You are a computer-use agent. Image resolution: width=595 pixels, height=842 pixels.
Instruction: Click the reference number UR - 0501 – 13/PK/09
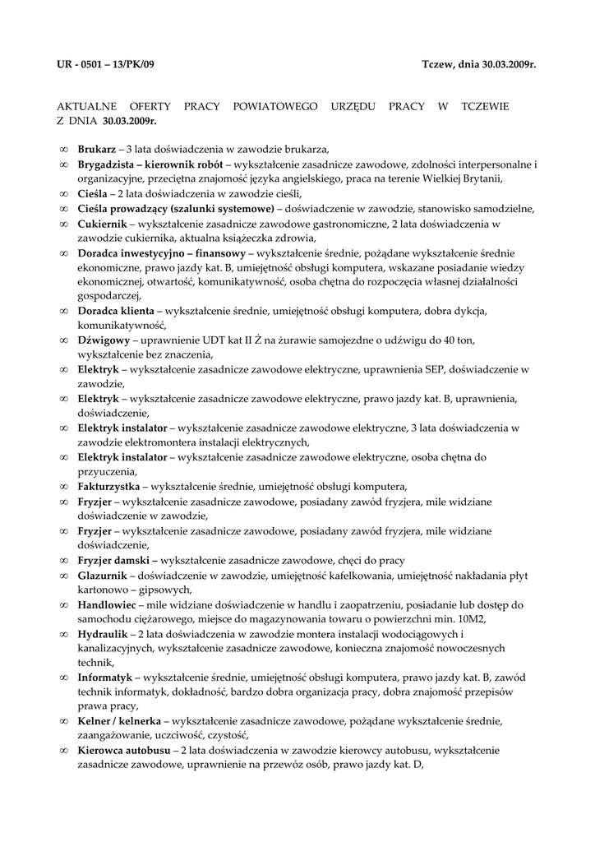pos(105,63)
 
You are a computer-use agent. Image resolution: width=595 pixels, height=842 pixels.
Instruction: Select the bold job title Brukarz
pos(95,150)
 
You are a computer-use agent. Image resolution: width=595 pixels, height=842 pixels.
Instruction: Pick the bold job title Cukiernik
pos(101,224)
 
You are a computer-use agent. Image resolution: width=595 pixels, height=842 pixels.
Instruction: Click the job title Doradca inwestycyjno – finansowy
pos(161,253)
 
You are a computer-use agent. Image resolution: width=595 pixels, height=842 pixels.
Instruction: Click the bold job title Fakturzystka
pos(108,486)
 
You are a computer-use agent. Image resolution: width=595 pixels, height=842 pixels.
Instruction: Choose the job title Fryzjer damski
pos(116,560)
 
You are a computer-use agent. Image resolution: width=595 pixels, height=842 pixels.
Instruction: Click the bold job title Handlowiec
pos(106,604)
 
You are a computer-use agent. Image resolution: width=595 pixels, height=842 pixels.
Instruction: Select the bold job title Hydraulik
pos(103,633)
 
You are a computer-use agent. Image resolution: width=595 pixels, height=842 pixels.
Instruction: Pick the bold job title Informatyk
pos(104,678)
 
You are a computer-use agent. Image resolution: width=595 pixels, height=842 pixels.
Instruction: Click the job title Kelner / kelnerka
pos(119,721)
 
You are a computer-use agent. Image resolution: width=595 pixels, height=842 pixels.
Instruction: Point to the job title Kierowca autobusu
pos(123,751)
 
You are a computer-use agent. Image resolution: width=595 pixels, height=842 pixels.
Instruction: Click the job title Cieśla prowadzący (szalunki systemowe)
pos(176,209)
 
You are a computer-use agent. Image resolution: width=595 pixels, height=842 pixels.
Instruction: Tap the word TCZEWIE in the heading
pos(485,107)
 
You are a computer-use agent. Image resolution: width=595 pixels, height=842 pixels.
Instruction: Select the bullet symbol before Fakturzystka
pos(64,486)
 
